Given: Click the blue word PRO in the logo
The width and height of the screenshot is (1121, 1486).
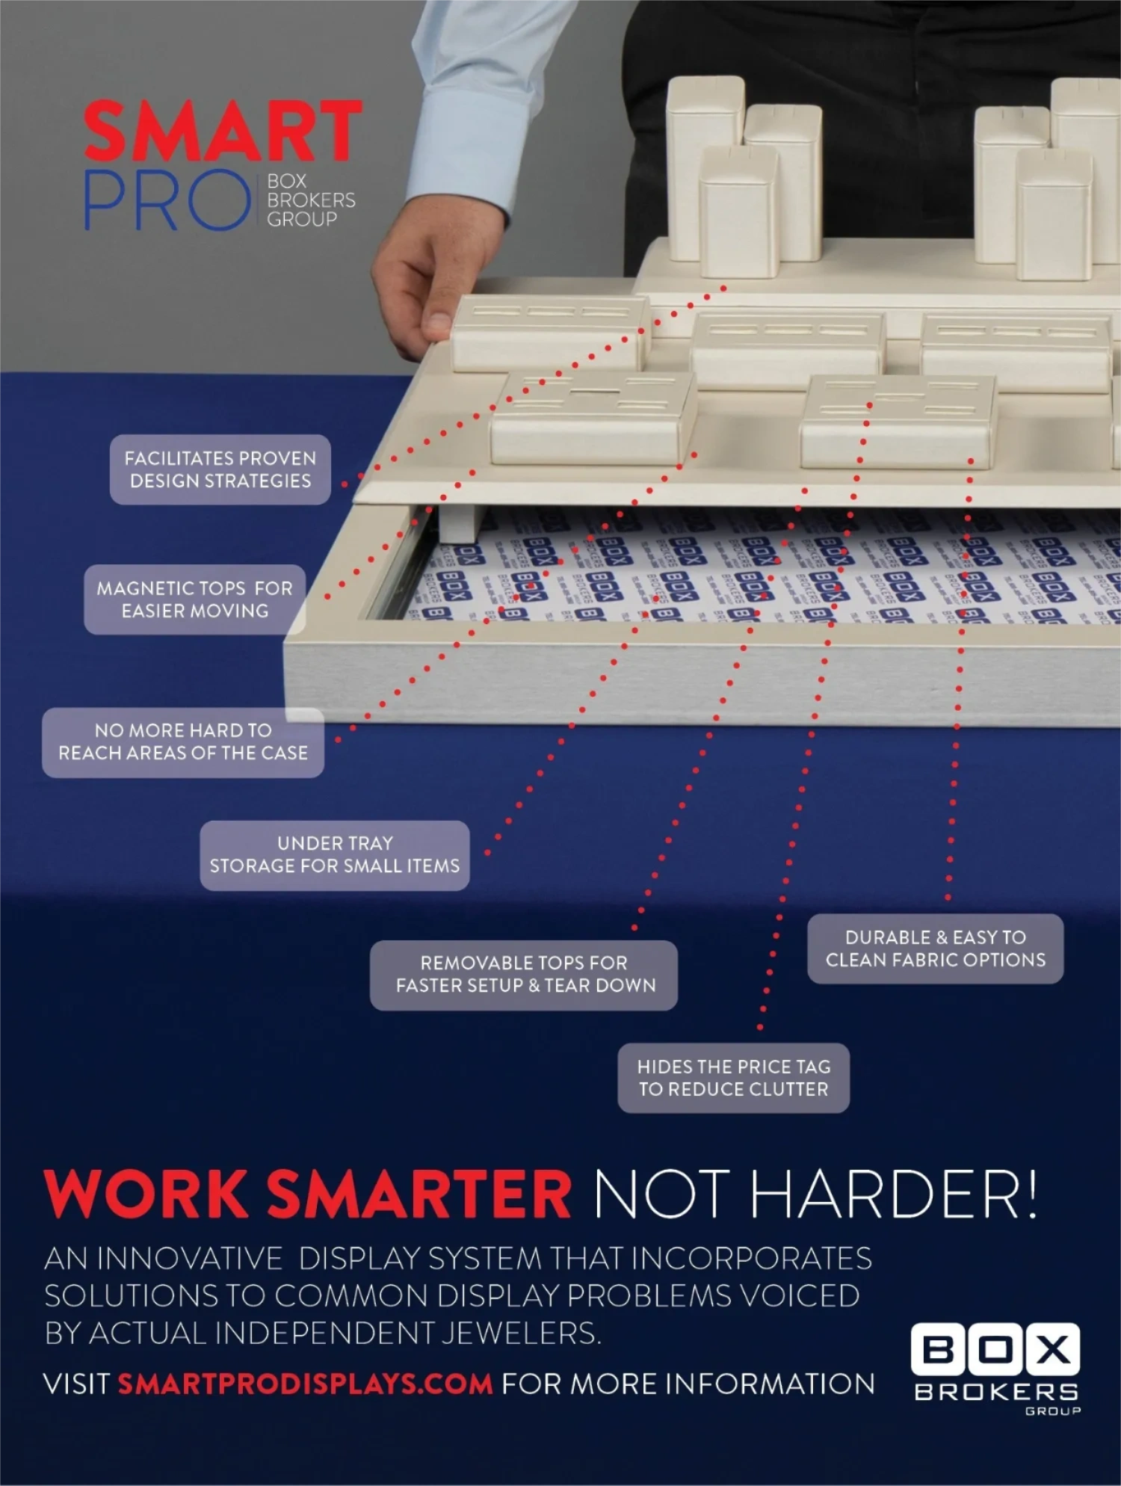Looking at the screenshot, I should [166, 200].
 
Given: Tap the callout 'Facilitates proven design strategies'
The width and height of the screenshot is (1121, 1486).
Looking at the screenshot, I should [220, 469].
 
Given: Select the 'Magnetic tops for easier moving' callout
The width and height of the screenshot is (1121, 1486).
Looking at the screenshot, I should [194, 599].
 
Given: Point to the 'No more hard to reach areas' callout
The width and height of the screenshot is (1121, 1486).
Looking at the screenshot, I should [183, 742].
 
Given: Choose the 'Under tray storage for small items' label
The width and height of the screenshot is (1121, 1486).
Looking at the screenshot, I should [334, 854].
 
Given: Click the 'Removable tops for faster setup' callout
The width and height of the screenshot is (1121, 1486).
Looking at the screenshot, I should [524, 974].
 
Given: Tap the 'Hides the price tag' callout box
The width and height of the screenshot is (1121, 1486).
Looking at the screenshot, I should [733, 1077].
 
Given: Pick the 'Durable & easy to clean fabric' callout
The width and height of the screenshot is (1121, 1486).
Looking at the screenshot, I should [935, 948].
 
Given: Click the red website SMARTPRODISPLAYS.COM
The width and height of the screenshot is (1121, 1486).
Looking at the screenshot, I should [305, 1384].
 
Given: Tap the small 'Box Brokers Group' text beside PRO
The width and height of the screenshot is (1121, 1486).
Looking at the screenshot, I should [310, 200].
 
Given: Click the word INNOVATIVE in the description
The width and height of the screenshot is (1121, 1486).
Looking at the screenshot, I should [190, 1258].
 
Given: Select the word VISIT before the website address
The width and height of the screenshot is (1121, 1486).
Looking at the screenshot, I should [76, 1384].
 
